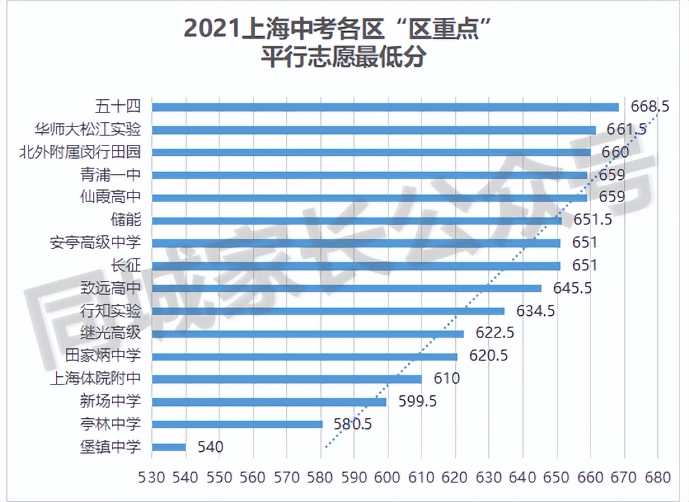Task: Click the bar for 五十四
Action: (385, 107)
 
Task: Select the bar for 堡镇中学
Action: (168, 447)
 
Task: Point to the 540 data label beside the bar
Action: (210, 447)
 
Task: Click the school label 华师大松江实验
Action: (88, 130)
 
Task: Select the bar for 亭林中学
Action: (237, 424)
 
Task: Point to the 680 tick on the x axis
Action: (657, 477)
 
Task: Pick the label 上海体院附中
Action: (95, 379)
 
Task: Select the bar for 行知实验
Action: (328, 311)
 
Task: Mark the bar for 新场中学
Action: (269, 402)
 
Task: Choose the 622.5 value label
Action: (491, 334)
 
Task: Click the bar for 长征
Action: (356, 266)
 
